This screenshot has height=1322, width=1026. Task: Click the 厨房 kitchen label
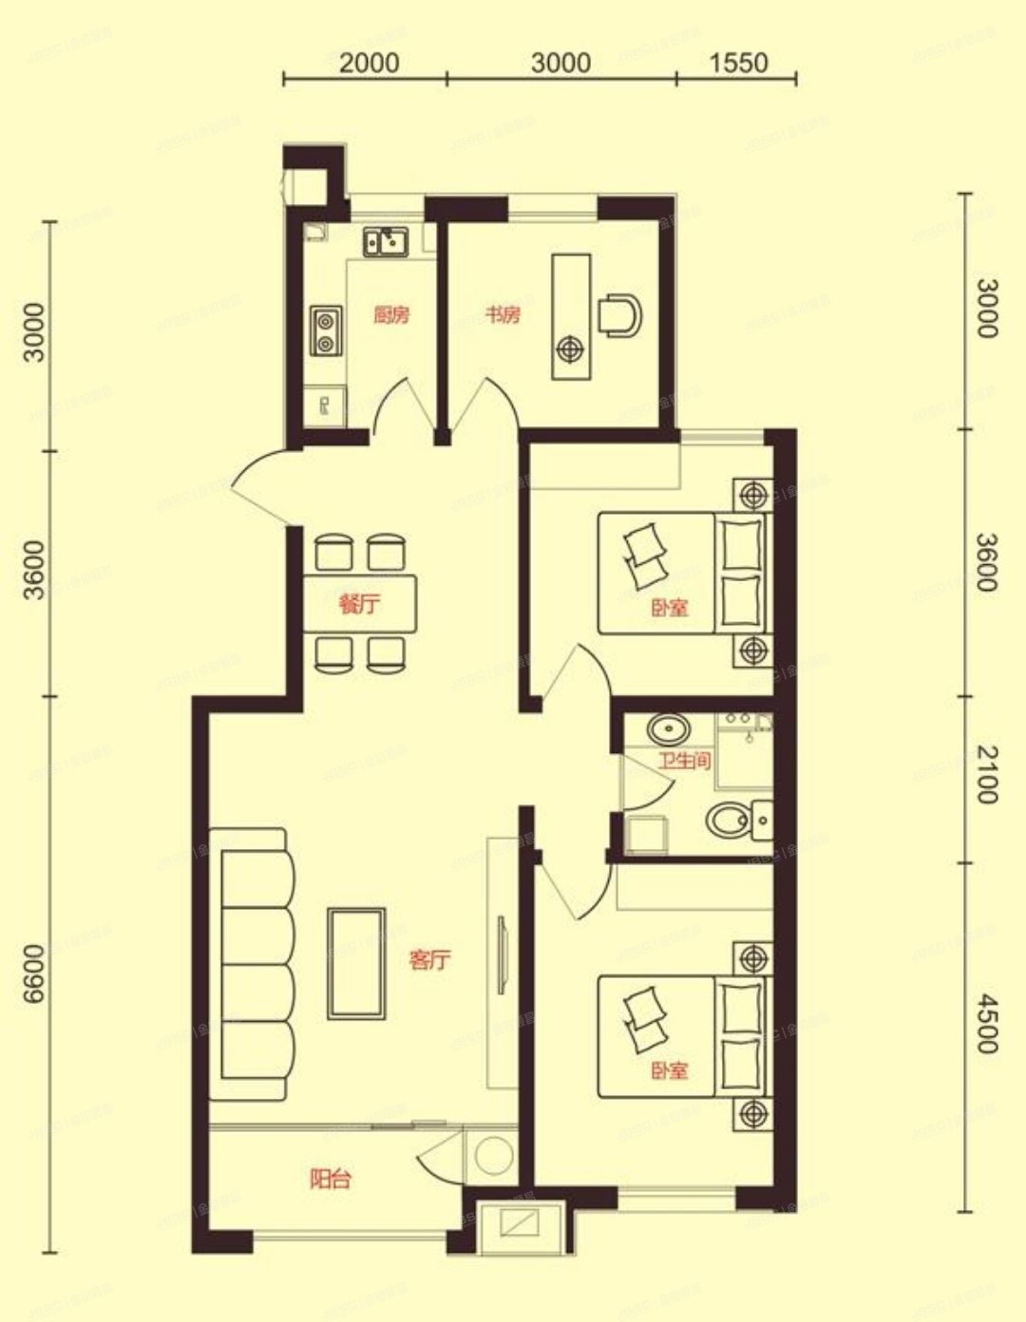[391, 315]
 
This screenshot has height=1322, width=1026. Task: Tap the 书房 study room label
[503, 314]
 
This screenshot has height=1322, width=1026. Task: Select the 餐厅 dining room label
[359, 603]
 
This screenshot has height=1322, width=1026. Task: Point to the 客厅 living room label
[429, 960]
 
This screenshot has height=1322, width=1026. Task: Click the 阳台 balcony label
[331, 1180]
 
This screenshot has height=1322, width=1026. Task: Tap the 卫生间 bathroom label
[685, 760]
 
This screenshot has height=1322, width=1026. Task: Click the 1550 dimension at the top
[737, 63]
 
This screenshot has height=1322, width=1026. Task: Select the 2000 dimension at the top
[369, 63]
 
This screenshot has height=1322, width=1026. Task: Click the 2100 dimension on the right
[987, 775]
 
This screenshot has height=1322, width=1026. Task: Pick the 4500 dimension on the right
[987, 1024]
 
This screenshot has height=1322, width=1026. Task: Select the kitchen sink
[385, 243]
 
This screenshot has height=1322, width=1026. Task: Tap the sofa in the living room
[254, 964]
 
